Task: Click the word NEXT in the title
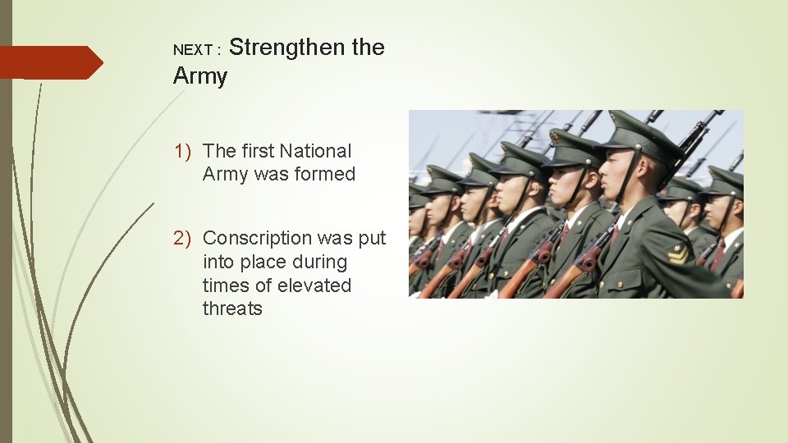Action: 193,51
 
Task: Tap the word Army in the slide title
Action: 200,77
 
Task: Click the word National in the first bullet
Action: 315,151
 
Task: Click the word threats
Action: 232,308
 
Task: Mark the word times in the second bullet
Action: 224,285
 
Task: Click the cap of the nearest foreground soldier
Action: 640,136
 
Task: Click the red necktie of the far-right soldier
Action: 718,253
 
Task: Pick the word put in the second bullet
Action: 372,239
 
